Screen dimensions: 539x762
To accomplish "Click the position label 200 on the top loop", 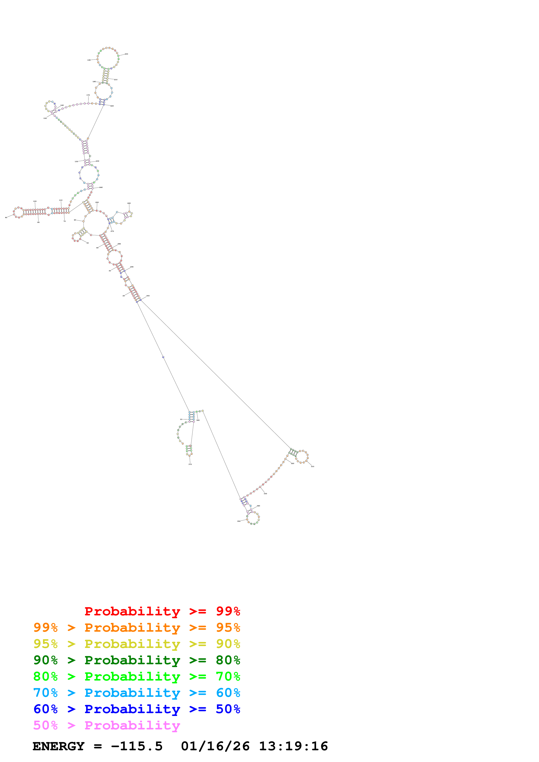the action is pos(126,54).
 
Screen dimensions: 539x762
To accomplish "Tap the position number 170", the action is pos(88,95).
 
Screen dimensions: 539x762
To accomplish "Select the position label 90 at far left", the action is pos(6,217).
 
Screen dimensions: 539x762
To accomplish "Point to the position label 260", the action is pos(129,203).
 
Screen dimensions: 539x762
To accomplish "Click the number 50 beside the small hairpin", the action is pos(88,243).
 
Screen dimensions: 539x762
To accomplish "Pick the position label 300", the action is pos(148,296).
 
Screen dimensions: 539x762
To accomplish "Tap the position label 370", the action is pos(190,464).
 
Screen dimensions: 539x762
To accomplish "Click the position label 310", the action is pos(312,466).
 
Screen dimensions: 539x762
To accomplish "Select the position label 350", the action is pos(239,521).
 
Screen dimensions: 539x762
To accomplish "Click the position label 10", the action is pos(181,419).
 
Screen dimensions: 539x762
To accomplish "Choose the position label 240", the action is pos(101,187).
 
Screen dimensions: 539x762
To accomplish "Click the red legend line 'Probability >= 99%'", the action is pos(162,611).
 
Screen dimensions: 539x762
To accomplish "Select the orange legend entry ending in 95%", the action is pos(137,628).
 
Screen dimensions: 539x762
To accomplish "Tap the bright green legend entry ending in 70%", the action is pos(137,676).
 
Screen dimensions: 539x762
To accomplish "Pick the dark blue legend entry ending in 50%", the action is pos(137,709).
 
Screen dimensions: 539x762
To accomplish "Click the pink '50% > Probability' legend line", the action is pos(106,725).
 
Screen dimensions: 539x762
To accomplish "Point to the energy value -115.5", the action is pos(137,746).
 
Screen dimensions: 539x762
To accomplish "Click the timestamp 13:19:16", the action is pos(293,746).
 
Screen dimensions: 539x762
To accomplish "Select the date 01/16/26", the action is pos(215,746).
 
